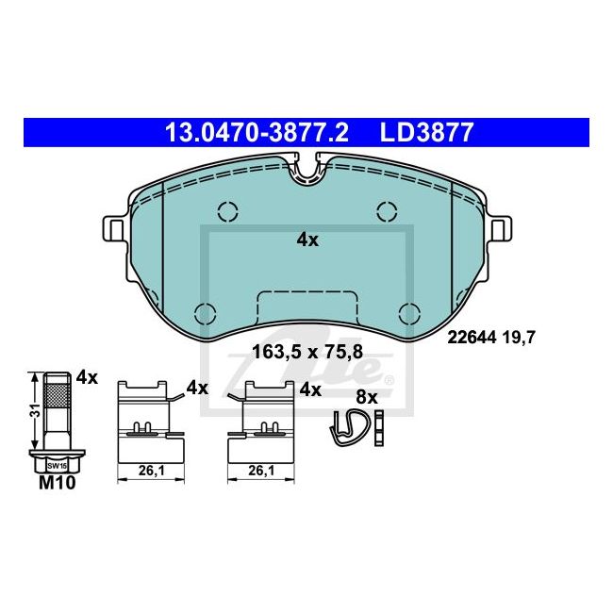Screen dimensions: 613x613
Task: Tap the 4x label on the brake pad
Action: point(307,240)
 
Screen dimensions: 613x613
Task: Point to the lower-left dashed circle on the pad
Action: point(204,312)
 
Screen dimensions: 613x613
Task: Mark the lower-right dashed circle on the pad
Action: point(409,312)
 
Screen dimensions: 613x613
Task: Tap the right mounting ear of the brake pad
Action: point(499,228)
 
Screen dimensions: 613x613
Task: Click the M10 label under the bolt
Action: point(57,484)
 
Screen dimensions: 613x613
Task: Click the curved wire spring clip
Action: point(350,425)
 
